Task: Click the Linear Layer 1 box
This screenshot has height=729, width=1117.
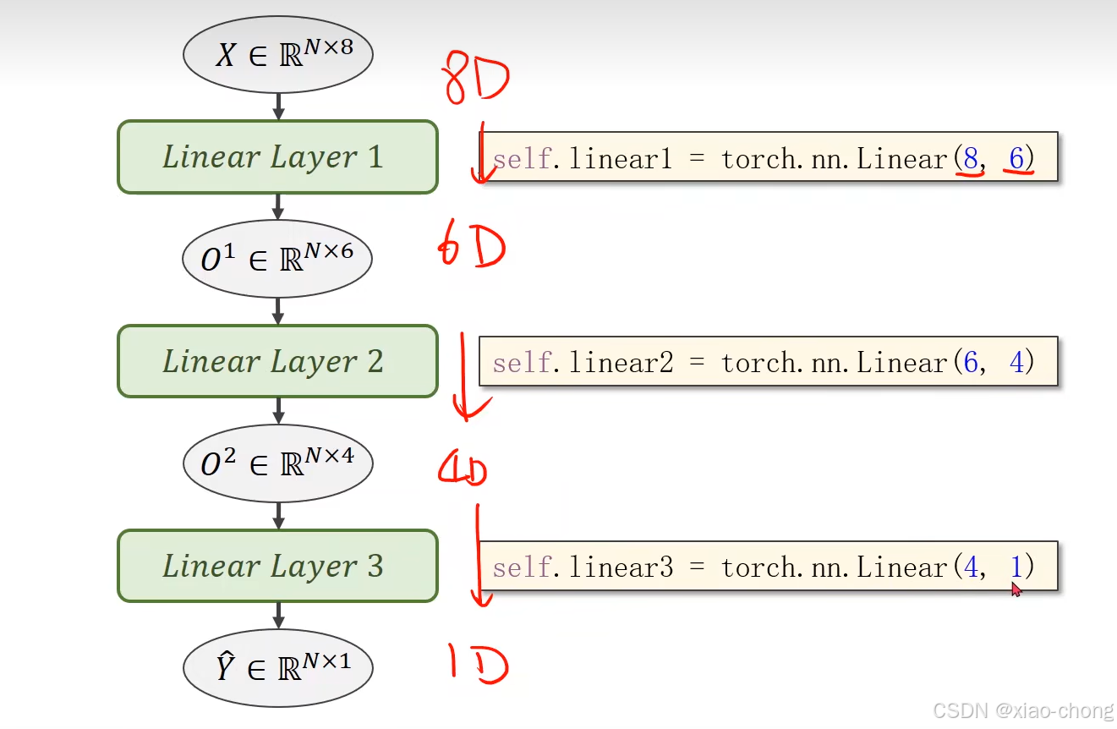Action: click(277, 157)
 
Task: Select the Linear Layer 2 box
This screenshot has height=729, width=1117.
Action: click(277, 362)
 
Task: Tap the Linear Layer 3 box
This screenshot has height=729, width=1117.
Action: click(277, 566)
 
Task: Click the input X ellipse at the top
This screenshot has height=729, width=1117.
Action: click(278, 55)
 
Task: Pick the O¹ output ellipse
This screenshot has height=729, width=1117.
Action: click(277, 259)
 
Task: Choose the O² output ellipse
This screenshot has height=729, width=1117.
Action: click(277, 463)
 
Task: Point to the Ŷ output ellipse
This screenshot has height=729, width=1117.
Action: click(278, 668)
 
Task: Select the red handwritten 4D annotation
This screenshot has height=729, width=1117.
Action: click(463, 469)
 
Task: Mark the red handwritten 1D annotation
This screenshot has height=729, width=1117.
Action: click(478, 663)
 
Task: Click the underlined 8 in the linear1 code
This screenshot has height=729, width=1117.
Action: click(971, 158)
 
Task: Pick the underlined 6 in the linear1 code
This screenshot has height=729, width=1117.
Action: click(1017, 158)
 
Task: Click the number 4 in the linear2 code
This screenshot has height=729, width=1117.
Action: click(1017, 363)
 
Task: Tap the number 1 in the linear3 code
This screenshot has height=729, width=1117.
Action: click(1016, 567)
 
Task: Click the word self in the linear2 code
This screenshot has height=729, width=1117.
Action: click(519, 363)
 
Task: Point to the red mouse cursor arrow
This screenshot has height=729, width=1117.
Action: click(1016, 589)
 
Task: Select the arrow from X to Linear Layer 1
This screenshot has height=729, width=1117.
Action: click(278, 107)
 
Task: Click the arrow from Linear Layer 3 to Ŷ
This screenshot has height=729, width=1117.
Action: click(278, 616)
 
